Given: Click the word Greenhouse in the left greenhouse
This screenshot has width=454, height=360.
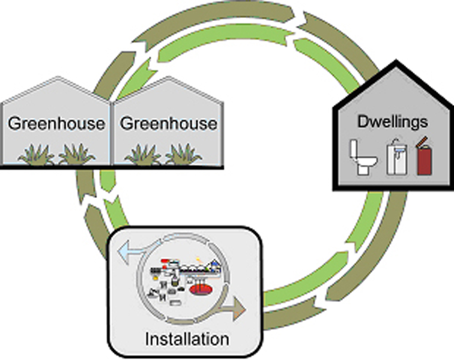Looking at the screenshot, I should pyautogui.click(x=56, y=124).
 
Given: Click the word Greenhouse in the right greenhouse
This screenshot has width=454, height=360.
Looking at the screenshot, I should pyautogui.click(x=168, y=124).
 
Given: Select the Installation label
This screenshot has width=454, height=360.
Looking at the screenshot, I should pyautogui.click(x=187, y=339).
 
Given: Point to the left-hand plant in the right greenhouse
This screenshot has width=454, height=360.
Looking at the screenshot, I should pyautogui.click(x=143, y=154).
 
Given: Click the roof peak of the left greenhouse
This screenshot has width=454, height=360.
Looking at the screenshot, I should pyautogui.click(x=56, y=77).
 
